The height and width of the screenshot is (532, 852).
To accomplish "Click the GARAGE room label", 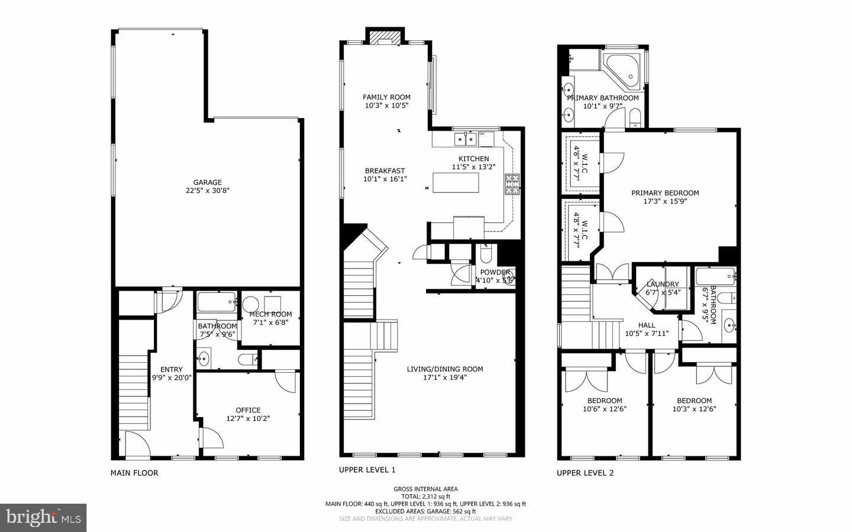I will [x=207, y=182].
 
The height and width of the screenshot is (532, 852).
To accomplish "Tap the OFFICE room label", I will [x=248, y=410].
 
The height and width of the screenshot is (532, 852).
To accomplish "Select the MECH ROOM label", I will [x=270, y=314].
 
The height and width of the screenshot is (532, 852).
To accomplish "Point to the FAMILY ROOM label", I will [x=386, y=97].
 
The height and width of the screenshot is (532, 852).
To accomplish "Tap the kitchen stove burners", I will [x=511, y=184].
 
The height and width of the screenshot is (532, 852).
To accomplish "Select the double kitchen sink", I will [x=466, y=139].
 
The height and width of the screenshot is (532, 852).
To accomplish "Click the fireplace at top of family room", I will [x=385, y=37].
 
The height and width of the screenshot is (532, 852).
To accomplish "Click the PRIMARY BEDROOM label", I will [x=665, y=193].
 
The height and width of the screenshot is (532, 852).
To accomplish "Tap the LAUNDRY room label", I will [x=662, y=284].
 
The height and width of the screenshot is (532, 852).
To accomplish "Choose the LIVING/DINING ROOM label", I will [x=445, y=369].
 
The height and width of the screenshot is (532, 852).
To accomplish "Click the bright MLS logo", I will [x=43, y=518].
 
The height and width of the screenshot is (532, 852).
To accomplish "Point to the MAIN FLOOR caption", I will [x=134, y=473].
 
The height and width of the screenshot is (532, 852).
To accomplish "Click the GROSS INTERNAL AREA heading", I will [x=425, y=489].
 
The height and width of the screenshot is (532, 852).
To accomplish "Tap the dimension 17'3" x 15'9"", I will [x=665, y=201].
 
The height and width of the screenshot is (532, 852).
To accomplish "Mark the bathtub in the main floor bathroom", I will [x=216, y=302].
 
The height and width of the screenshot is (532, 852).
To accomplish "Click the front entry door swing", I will [x=135, y=444].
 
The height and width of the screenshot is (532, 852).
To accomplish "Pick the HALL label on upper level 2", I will [x=646, y=325].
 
